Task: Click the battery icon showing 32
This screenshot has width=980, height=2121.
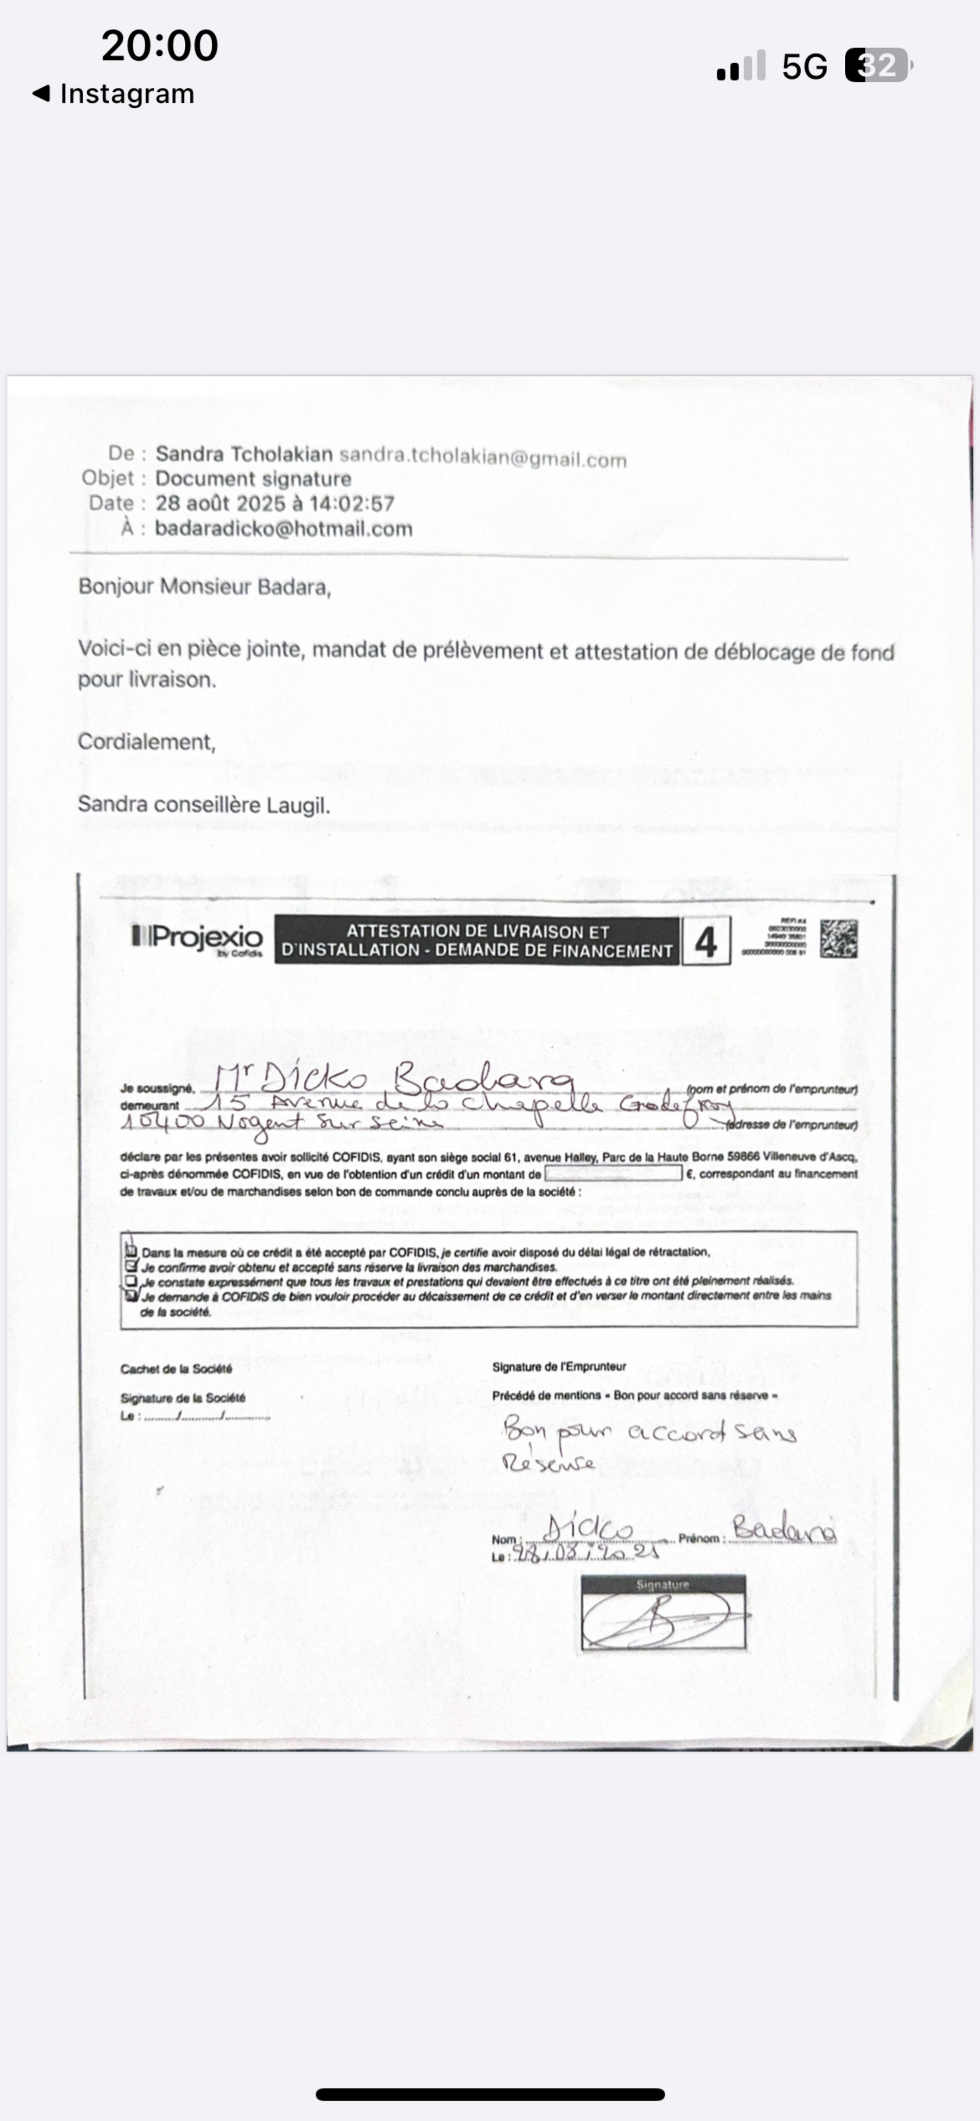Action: point(878,66)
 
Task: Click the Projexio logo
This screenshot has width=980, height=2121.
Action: point(197,938)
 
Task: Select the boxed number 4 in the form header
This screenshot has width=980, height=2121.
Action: point(705,941)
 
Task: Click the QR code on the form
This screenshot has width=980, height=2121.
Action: point(838,939)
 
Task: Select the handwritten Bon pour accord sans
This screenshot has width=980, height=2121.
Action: point(649,1432)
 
